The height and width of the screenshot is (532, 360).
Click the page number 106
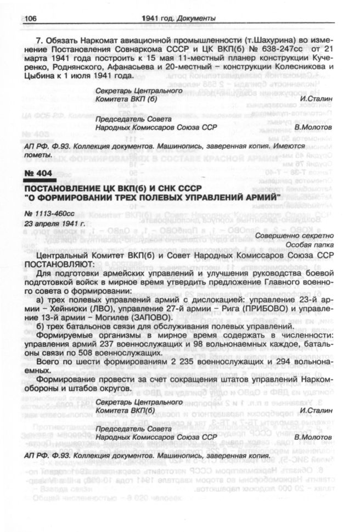(30, 19)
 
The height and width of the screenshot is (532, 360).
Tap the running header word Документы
(195, 19)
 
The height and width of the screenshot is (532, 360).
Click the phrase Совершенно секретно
(298, 236)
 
